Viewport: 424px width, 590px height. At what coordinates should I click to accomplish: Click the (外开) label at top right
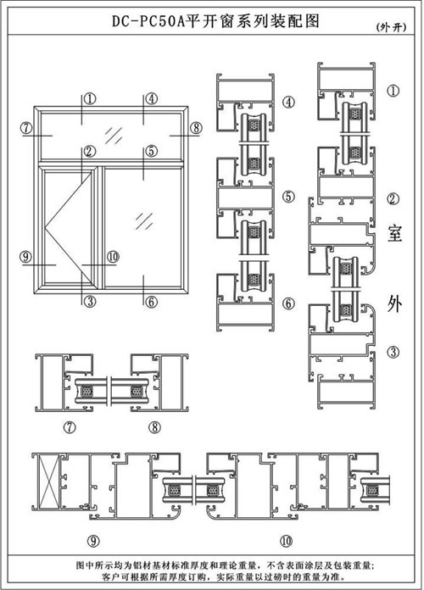[391, 27]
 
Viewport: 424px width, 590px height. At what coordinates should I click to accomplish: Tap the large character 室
[394, 233]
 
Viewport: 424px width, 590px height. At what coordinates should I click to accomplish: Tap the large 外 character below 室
[394, 303]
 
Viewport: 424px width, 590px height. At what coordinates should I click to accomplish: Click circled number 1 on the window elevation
[90, 99]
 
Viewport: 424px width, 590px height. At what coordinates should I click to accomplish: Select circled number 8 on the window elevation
[196, 128]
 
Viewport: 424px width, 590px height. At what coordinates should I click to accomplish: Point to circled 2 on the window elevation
[90, 151]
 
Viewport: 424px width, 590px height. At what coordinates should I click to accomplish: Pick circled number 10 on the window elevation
[113, 257]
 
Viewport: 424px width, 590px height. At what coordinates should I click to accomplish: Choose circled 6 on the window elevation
[151, 302]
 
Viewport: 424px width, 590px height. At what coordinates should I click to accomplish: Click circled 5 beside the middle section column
[289, 196]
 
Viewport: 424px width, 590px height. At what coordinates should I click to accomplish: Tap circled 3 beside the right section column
[393, 352]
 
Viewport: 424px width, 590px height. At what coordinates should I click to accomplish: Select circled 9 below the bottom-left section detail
[93, 541]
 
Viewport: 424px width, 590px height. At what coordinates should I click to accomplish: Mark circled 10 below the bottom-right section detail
[286, 541]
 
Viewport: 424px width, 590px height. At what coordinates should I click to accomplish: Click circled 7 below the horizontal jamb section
[70, 427]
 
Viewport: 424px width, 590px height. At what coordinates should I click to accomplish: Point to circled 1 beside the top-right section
[393, 91]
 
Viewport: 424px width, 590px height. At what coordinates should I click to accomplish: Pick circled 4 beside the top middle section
[289, 102]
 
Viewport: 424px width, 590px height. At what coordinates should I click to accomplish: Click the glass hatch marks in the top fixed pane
[114, 135]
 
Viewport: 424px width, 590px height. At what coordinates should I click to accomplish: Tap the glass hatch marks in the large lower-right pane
[145, 221]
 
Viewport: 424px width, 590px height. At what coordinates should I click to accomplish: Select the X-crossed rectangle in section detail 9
[50, 481]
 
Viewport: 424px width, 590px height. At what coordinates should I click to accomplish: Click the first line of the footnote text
[226, 565]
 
